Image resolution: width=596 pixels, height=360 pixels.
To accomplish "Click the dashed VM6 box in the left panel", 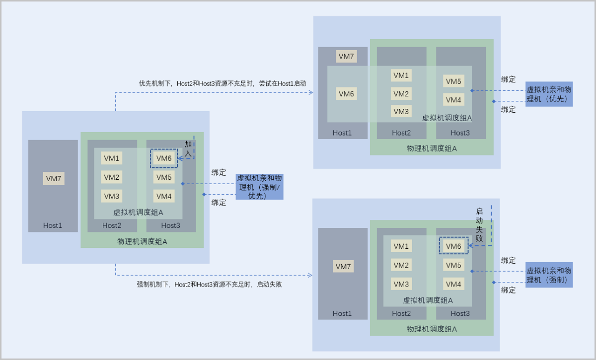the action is pos(164,158).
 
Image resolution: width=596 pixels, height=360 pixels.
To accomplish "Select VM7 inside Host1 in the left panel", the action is pos(54,178).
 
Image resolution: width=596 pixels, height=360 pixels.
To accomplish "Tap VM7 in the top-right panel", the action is pos(346,57).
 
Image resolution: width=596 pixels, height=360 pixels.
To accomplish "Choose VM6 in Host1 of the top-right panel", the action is pos(346,94).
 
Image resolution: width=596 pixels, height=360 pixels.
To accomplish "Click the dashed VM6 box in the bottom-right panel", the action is pos(453,246).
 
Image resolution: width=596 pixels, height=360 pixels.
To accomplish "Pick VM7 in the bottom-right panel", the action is pos(343,266).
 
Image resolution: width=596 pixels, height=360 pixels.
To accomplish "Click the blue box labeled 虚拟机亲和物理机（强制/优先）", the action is pos(259,187).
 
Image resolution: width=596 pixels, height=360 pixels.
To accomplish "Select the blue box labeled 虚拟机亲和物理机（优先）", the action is pos(549,94).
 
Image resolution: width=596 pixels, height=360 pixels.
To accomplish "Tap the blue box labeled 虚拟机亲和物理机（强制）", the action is pos(549,275).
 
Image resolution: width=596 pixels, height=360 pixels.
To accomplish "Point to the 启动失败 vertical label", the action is pos(479,225).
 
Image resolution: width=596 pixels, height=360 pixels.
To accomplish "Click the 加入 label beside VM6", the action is pos(188,149).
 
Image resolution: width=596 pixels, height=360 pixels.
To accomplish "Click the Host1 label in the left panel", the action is pos(53,225).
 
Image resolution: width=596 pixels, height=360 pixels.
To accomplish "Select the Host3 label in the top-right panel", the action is pos(460,133).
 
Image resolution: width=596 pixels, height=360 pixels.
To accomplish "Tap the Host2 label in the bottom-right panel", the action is pos(401,313).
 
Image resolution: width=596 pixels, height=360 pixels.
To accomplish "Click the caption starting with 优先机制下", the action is pos(223,83).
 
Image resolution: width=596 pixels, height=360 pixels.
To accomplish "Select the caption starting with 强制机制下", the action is pos(209,285).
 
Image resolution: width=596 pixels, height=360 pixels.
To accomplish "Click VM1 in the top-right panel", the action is pos(401,75).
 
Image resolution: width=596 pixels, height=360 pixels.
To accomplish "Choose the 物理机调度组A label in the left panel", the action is pos(142,242).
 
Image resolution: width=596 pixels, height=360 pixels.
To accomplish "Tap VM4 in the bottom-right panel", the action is pos(453,284).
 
